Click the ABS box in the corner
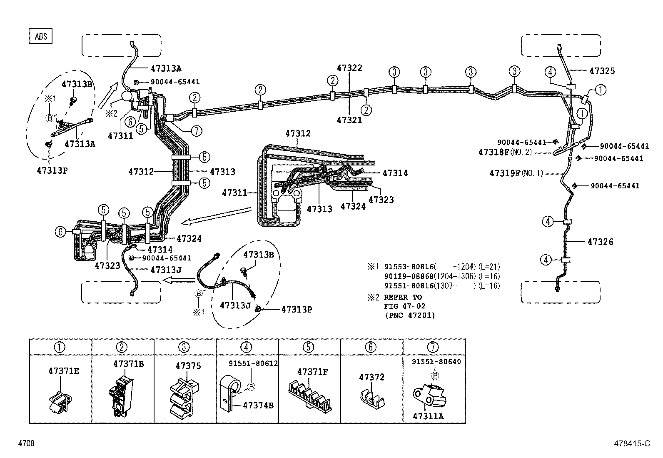click(x=41, y=36)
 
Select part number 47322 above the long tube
click(x=349, y=68)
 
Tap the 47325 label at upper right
click(x=602, y=71)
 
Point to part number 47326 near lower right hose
click(x=600, y=242)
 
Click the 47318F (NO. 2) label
click(x=505, y=152)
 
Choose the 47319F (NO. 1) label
click(x=516, y=173)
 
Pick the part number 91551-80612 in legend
click(x=253, y=363)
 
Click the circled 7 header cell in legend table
click(x=434, y=347)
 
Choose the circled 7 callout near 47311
click(x=196, y=130)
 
